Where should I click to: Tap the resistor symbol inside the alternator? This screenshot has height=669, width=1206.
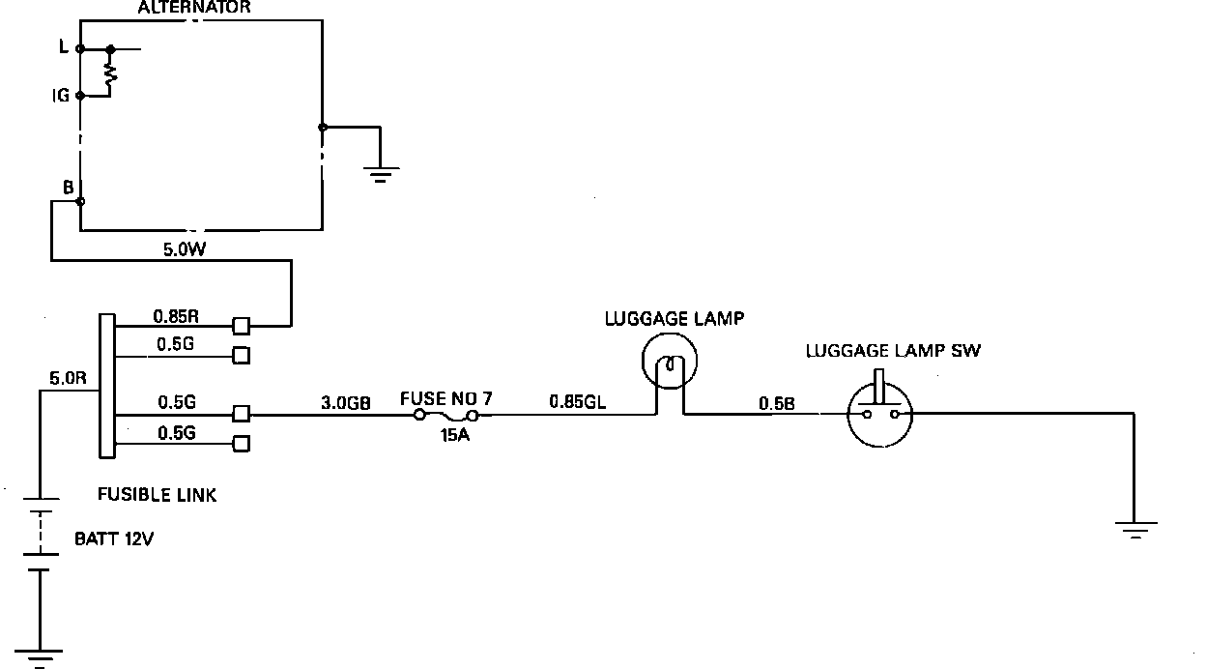(112, 72)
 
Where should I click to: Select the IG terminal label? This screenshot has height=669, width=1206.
(60, 96)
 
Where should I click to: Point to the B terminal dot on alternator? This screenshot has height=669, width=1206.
(80, 202)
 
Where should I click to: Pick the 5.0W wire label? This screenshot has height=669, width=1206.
(183, 248)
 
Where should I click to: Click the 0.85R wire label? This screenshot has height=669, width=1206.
(176, 315)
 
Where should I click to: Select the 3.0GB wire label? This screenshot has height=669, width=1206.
(346, 402)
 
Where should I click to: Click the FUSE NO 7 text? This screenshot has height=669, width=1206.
(446, 398)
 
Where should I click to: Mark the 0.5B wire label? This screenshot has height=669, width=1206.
(777, 403)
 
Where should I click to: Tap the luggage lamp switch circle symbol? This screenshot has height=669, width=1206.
(878, 414)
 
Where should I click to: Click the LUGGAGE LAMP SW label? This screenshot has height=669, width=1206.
(893, 351)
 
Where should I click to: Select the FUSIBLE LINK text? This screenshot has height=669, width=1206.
(158, 495)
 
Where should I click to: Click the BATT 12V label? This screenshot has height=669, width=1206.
(114, 539)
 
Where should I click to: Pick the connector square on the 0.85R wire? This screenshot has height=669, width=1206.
(242, 326)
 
